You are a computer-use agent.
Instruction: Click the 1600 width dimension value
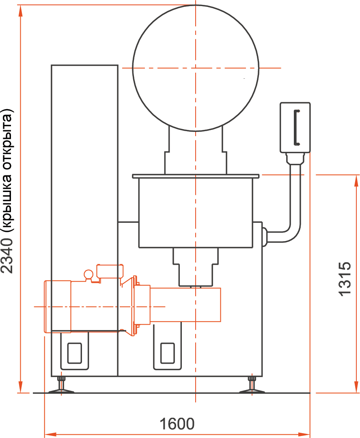point(177,424)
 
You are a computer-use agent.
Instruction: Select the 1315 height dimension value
point(345,279)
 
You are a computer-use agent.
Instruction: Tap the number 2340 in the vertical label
point(7,256)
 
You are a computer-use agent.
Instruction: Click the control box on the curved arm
point(295,127)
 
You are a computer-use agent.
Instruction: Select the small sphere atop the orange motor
point(88,274)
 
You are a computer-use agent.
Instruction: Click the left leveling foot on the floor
point(61,386)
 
